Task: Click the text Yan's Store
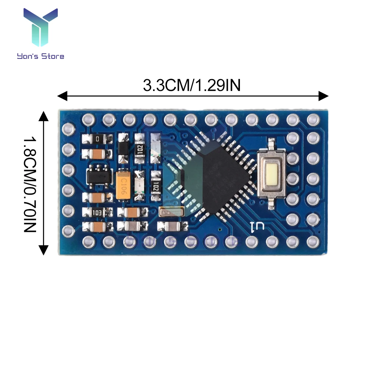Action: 40,56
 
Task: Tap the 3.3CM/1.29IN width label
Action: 192,86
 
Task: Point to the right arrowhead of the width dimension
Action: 324,96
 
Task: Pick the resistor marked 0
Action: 97,139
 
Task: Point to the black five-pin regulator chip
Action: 98,176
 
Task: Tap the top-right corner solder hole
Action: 313,119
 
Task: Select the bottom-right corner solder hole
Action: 313,241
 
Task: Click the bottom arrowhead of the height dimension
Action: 44,251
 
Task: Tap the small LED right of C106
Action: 139,186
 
